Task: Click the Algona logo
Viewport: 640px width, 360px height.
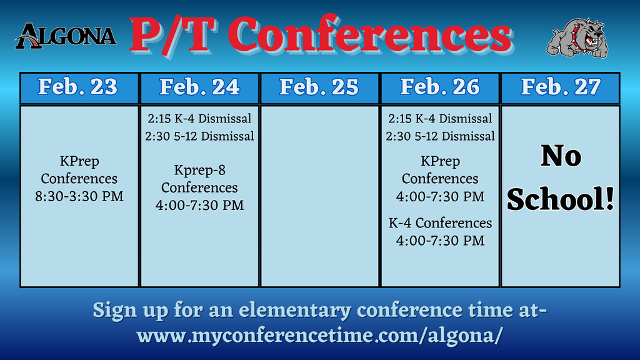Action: pyautogui.click(x=66, y=36)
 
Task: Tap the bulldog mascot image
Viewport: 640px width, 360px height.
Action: pyautogui.click(x=577, y=37)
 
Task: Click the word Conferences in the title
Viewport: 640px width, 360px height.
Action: pyautogui.click(x=373, y=36)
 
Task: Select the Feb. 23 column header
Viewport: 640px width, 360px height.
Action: pyautogui.click(x=78, y=87)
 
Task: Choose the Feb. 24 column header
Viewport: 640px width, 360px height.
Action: pyautogui.click(x=199, y=87)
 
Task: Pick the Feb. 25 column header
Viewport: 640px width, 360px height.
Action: pyautogui.click(x=319, y=87)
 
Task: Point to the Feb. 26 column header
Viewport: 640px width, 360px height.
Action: pyautogui.click(x=440, y=87)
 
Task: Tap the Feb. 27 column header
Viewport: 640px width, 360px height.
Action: pyautogui.click(x=561, y=87)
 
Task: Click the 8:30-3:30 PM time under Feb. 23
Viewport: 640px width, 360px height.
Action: pyautogui.click(x=79, y=196)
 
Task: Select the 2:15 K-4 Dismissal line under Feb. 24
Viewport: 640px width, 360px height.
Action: pyautogui.click(x=199, y=119)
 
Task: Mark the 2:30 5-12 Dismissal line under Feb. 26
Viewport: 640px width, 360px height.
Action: pyautogui.click(x=441, y=136)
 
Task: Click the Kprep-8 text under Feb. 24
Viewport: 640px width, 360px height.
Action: pyautogui.click(x=199, y=170)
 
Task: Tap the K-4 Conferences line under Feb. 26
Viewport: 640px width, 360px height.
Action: pyautogui.click(x=441, y=223)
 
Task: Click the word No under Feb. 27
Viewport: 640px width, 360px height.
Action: pyautogui.click(x=561, y=157)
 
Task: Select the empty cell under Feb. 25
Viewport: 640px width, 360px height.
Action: pyautogui.click(x=319, y=196)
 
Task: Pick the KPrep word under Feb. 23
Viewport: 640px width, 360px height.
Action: pyautogui.click(x=79, y=162)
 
